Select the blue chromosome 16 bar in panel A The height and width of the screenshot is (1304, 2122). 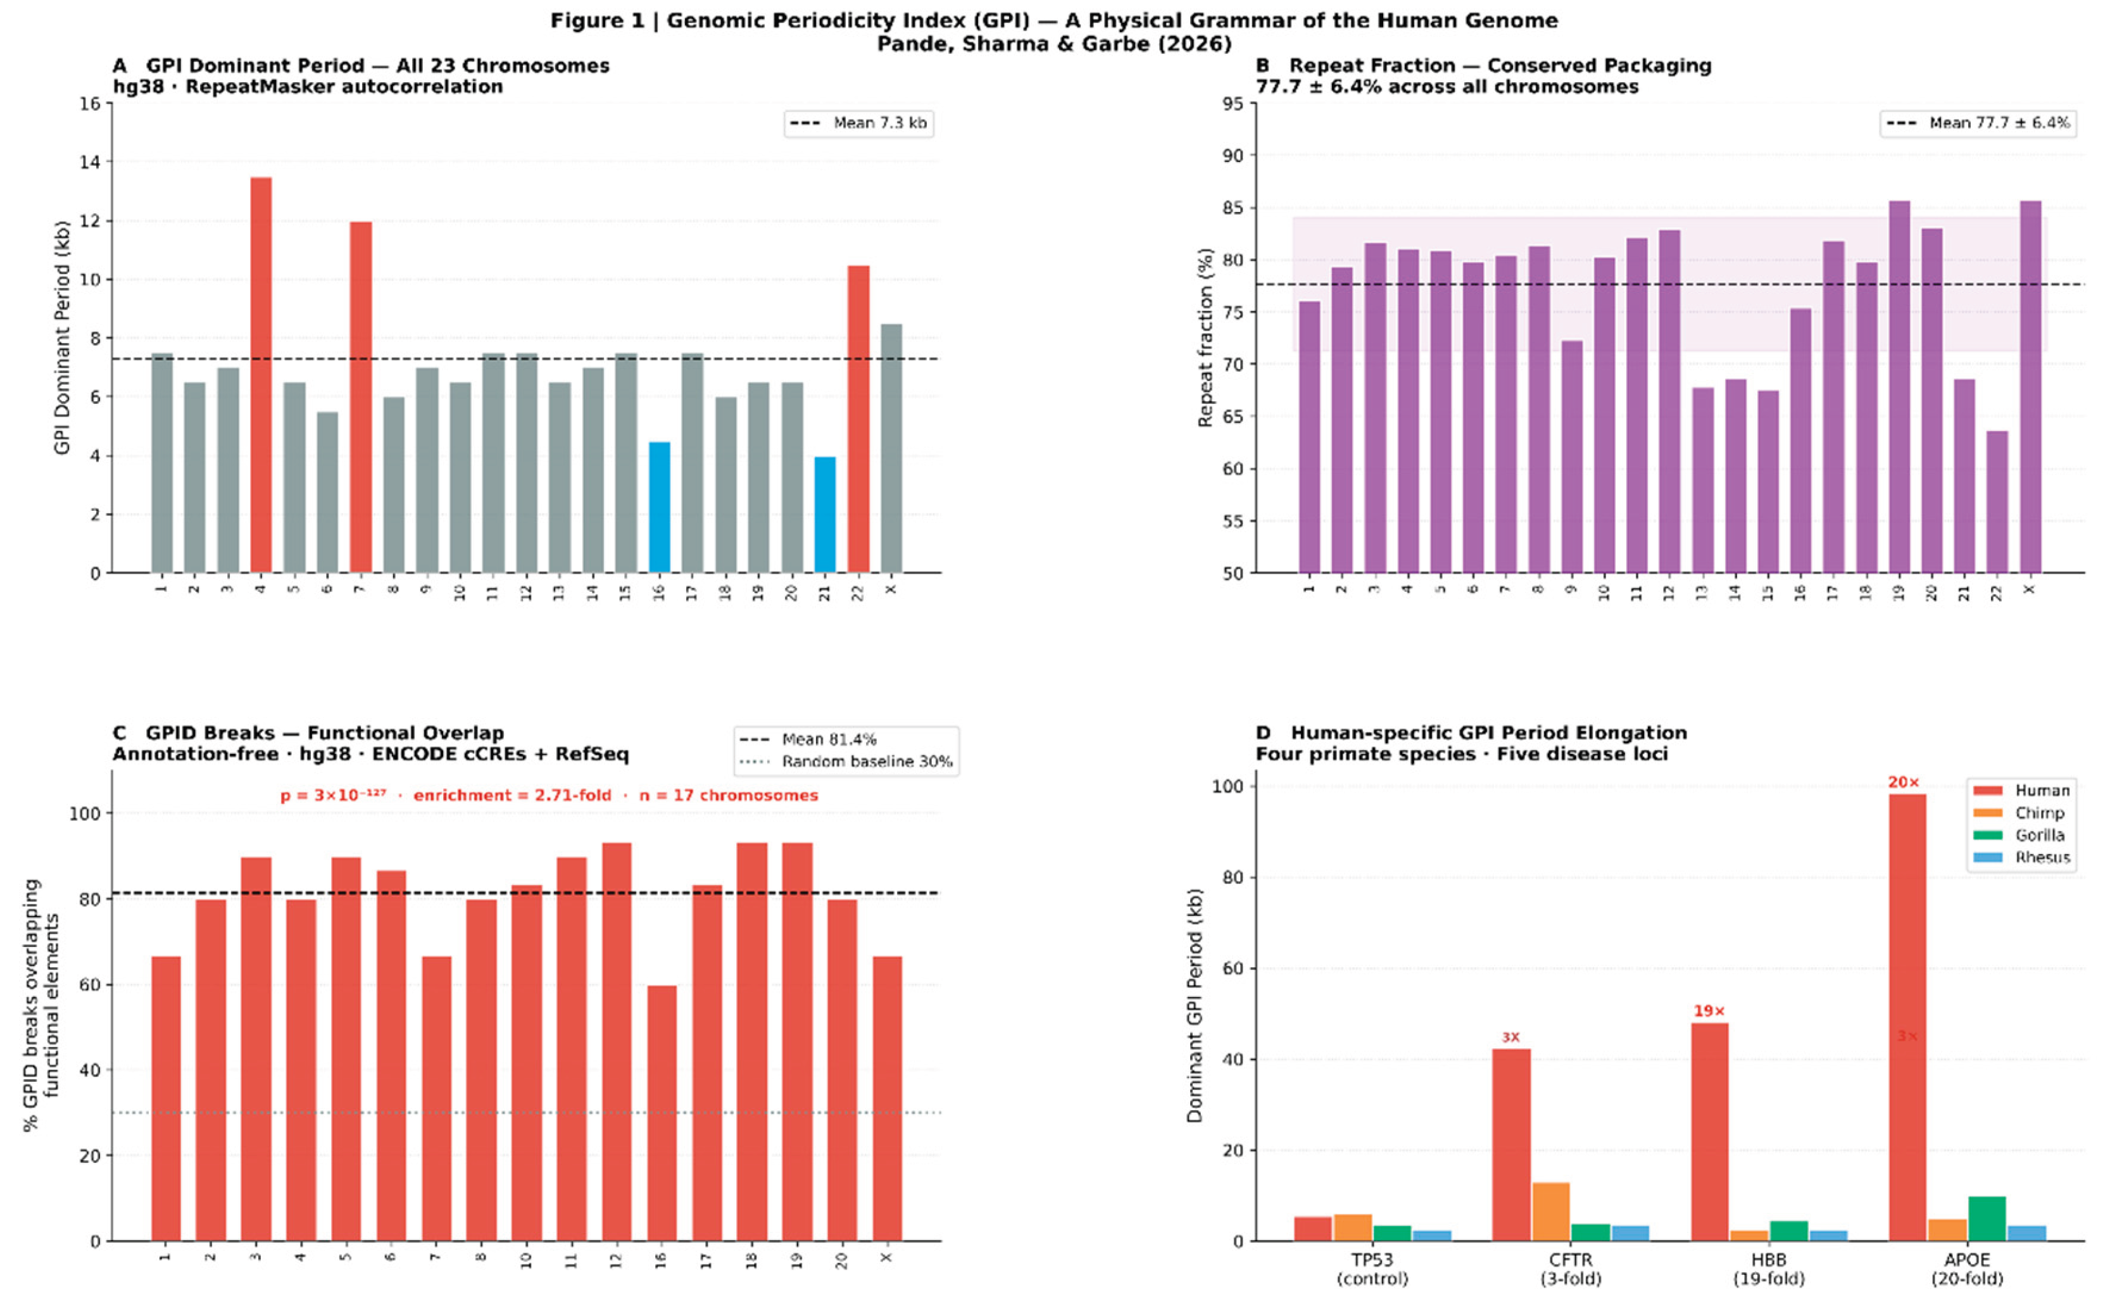659,508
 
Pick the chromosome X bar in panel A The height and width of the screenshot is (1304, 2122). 891,448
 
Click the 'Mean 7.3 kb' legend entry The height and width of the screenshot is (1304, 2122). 859,123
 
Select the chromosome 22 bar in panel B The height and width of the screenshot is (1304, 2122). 1997,502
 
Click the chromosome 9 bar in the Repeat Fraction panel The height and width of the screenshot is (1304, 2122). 1572,457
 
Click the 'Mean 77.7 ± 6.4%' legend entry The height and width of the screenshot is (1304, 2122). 1978,123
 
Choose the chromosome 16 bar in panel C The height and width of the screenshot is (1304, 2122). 662,1113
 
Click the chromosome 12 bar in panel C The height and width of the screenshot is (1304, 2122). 617,1042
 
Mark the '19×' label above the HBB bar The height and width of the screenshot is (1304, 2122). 1709,1011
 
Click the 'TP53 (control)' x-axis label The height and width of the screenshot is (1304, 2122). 1372,1269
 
